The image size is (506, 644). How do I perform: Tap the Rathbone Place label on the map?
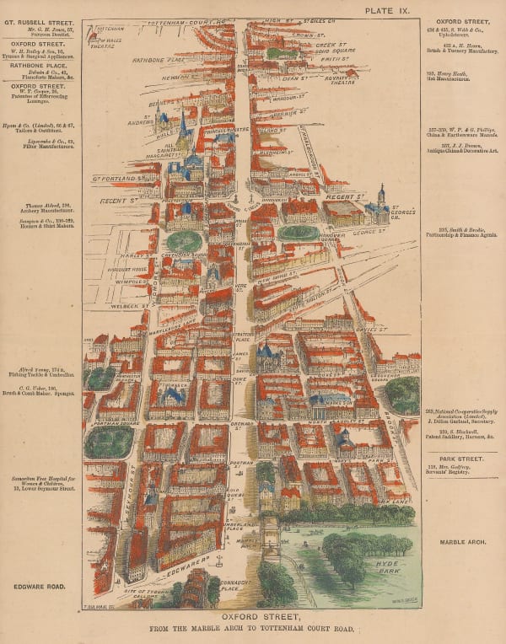158,60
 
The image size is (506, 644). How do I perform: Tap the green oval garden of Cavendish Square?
185,242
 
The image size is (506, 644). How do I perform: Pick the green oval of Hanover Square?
299,232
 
